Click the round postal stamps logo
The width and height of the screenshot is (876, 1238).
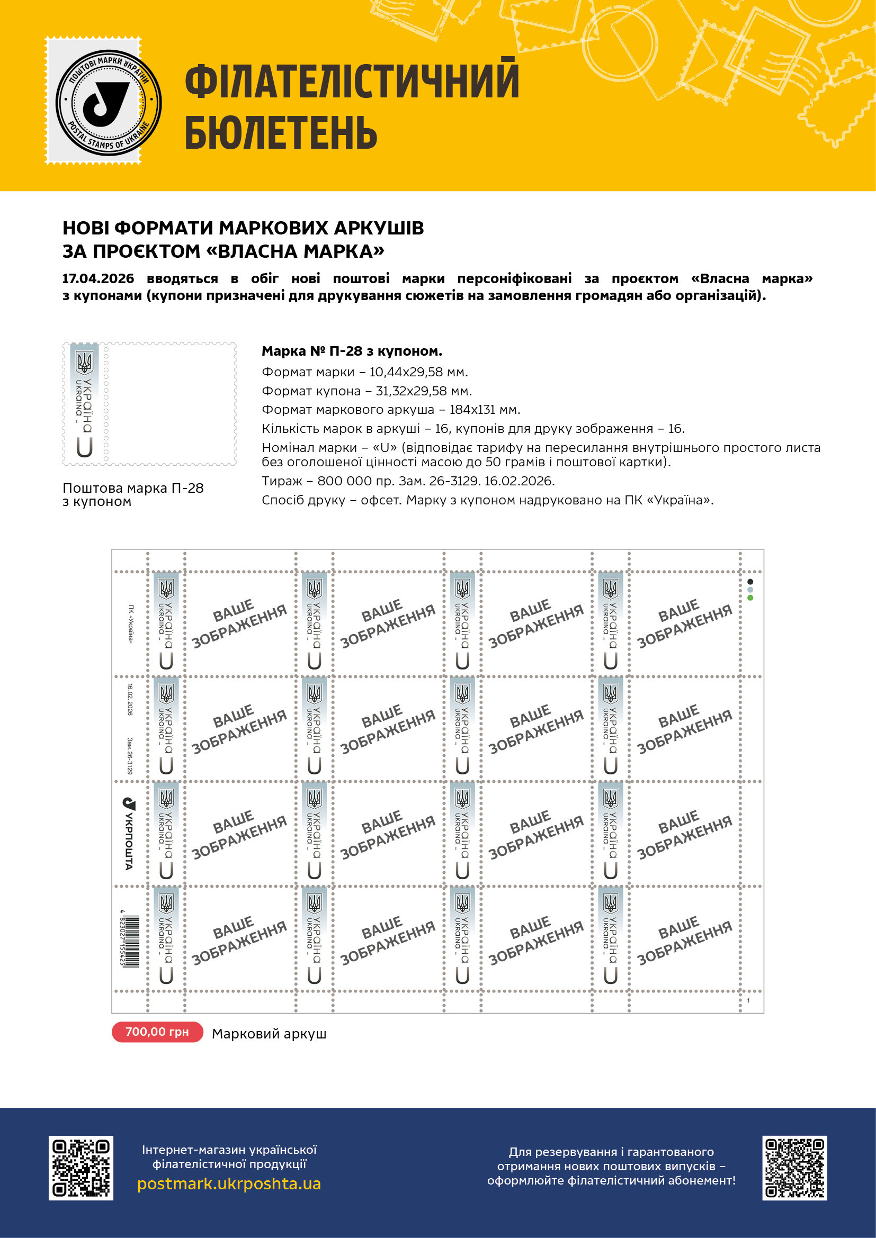pos(108,102)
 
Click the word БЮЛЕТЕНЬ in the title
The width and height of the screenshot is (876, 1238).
pos(281,133)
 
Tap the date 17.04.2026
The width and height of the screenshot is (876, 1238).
pos(98,279)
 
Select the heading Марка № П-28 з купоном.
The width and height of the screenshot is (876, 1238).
pos(352,351)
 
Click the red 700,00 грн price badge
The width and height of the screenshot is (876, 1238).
pos(157,1032)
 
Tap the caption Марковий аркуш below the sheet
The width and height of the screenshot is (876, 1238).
pos(269,1034)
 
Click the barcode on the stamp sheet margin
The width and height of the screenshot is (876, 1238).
pos(130,941)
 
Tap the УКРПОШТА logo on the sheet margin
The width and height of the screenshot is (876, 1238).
pos(129,834)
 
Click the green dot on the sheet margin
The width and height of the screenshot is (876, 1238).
pos(750,598)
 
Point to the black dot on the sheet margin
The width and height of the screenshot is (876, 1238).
pos(750,582)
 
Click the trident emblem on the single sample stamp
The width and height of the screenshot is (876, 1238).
pos(85,363)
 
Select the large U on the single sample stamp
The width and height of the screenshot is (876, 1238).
pos(85,447)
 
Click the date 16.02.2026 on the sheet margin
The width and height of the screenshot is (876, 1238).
pos(130,699)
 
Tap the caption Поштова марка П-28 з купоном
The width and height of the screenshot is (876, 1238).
pos(133,494)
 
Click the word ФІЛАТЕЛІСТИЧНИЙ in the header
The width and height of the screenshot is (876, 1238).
pos(352,81)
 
